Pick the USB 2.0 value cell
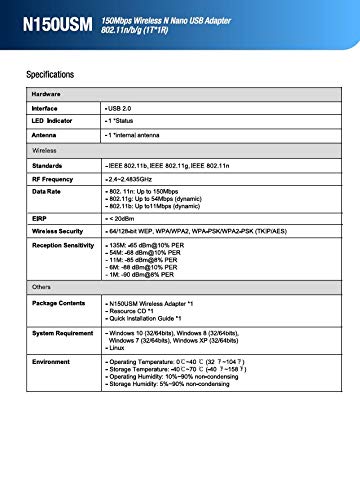(x=122, y=105)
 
